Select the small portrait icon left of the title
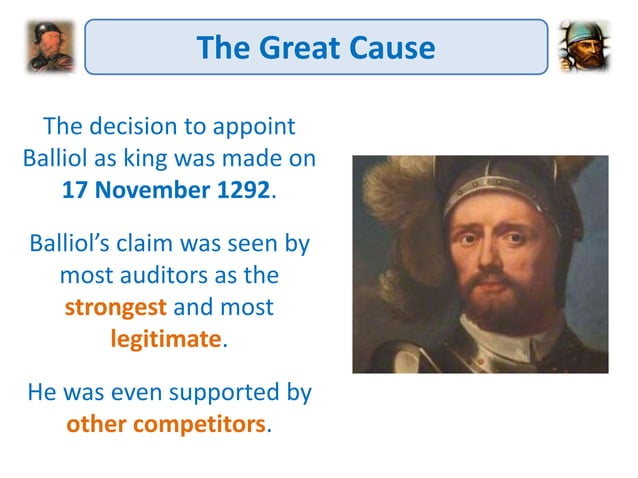[x=50, y=46]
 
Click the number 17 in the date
[x=75, y=190]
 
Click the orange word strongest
[x=112, y=306]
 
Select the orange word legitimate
[x=165, y=337]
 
